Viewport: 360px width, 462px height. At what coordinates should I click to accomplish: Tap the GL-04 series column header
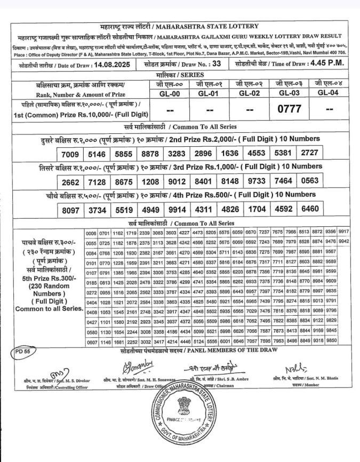click(329, 93)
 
